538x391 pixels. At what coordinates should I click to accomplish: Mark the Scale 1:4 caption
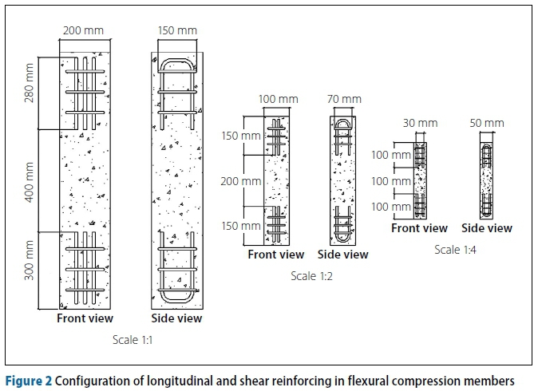456,249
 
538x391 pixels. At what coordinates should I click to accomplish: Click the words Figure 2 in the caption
26,379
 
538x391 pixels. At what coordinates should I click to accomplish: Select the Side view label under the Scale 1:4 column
487,228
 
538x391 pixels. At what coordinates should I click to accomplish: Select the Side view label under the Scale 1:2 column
343,255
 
